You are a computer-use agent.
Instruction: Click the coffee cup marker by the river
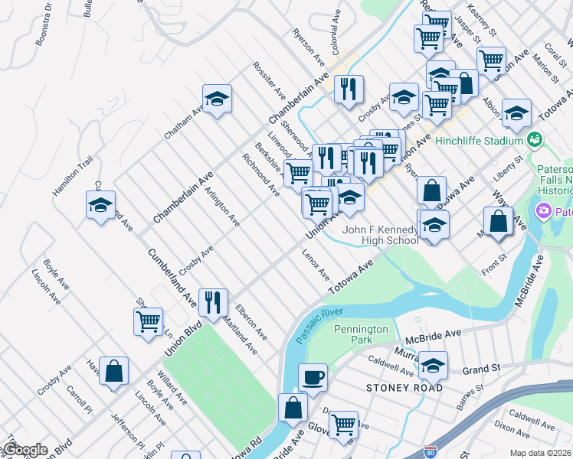click(x=313, y=378)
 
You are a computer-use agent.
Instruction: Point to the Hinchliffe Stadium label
click(x=478, y=141)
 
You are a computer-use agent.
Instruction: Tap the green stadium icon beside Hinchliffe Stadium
click(x=535, y=141)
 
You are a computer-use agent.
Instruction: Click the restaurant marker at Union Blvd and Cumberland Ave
click(x=212, y=303)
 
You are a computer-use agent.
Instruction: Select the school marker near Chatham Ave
click(x=218, y=99)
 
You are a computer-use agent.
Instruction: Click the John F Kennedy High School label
click(x=380, y=235)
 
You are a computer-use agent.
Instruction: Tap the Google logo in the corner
click(x=25, y=450)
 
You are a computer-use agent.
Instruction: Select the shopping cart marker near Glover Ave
click(x=343, y=424)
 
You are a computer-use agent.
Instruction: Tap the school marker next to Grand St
click(x=433, y=366)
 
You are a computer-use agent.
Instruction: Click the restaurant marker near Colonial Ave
click(x=349, y=90)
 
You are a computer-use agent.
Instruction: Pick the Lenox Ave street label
click(x=316, y=264)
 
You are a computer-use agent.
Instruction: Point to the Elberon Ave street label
click(x=251, y=323)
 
